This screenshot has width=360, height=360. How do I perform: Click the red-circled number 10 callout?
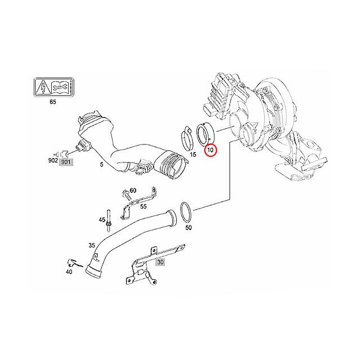click(211, 150)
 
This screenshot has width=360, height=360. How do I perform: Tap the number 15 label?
click(192, 154)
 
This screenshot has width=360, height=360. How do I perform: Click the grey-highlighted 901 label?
click(66, 163)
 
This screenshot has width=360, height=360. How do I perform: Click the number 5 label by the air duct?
click(101, 165)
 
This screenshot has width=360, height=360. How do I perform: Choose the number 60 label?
click(133, 190)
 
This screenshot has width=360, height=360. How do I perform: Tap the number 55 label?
click(143, 206)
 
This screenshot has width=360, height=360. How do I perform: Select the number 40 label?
click(69, 272)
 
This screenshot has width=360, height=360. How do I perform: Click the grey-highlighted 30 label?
click(160, 262)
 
